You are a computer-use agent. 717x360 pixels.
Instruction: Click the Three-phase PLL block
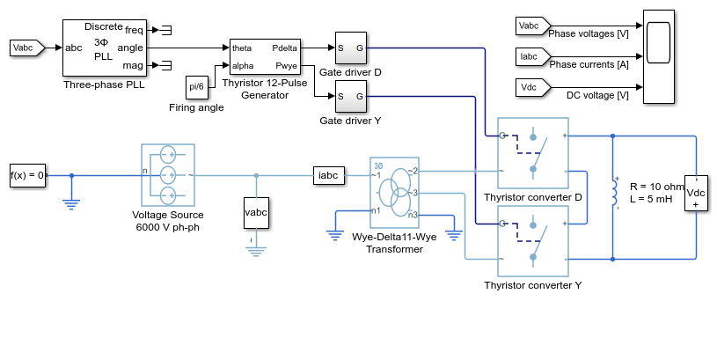pyautogui.click(x=105, y=48)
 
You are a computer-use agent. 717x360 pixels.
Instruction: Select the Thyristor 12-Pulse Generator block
pyautogui.click(x=265, y=56)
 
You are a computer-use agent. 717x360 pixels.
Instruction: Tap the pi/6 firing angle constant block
pyautogui.click(x=197, y=87)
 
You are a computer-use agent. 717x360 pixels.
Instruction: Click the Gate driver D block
pyautogui.click(x=351, y=48)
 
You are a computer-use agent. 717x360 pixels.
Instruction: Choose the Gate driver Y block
pyautogui.click(x=351, y=97)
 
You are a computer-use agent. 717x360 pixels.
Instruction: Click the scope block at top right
pyautogui.click(x=658, y=56)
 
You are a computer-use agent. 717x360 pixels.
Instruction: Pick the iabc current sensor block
pyautogui.click(x=329, y=175)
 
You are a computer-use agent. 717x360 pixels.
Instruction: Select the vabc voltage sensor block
pyautogui.click(x=256, y=213)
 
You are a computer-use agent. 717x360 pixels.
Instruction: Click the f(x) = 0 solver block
pyautogui.click(x=28, y=175)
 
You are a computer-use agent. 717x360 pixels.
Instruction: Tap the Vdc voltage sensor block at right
pyautogui.click(x=696, y=193)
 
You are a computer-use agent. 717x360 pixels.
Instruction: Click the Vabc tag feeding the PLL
pyautogui.click(x=27, y=48)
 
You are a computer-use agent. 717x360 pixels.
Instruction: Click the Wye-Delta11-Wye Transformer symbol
pyautogui.click(x=394, y=193)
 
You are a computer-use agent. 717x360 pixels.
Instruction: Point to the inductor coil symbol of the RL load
pyautogui.click(x=614, y=193)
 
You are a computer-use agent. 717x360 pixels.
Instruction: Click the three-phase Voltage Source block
pyautogui.click(x=168, y=175)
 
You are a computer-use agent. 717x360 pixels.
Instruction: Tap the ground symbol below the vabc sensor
pyautogui.click(x=256, y=251)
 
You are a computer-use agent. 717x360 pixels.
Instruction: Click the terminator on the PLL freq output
pyautogui.click(x=165, y=30)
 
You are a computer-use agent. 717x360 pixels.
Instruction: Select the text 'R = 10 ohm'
pyautogui.click(x=656, y=187)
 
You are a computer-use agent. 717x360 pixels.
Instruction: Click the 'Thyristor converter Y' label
pyautogui.click(x=533, y=285)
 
